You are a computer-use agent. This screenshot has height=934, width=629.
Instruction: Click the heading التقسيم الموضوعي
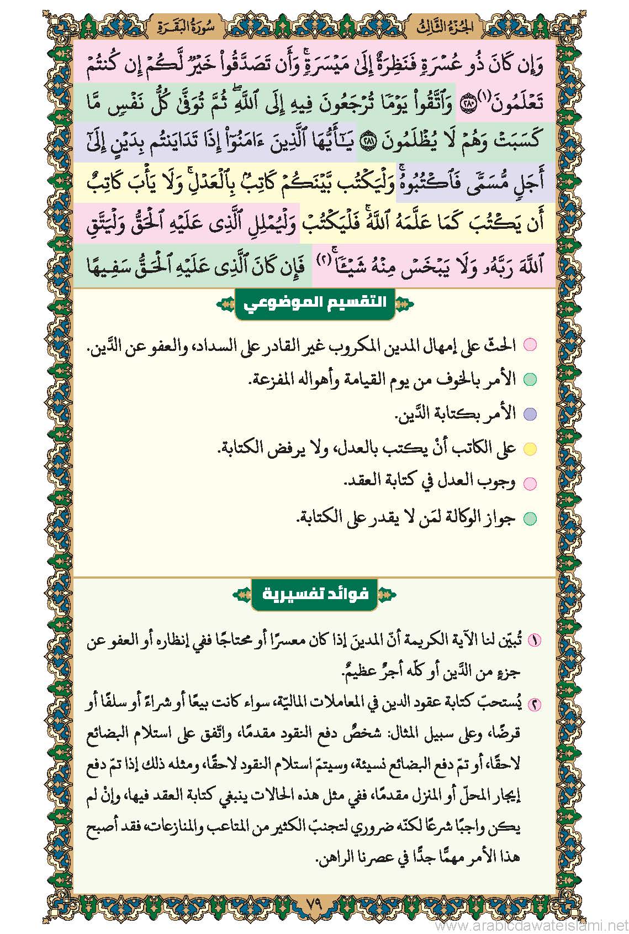tap(314, 303)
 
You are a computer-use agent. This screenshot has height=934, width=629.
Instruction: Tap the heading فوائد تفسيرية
tap(314, 595)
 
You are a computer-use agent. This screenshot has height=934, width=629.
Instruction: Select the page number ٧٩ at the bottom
tap(314, 905)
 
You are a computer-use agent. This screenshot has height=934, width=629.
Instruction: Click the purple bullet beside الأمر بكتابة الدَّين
tap(530, 414)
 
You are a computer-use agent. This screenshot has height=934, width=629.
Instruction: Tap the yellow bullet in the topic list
tap(530, 449)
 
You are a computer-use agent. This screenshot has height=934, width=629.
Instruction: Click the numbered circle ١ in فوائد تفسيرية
tap(534, 641)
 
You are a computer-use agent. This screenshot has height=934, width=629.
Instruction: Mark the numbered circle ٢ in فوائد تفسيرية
tap(534, 704)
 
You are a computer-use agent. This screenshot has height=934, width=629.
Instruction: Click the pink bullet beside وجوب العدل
tap(530, 484)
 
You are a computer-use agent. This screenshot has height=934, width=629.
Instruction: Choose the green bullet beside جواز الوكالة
tap(530, 518)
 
